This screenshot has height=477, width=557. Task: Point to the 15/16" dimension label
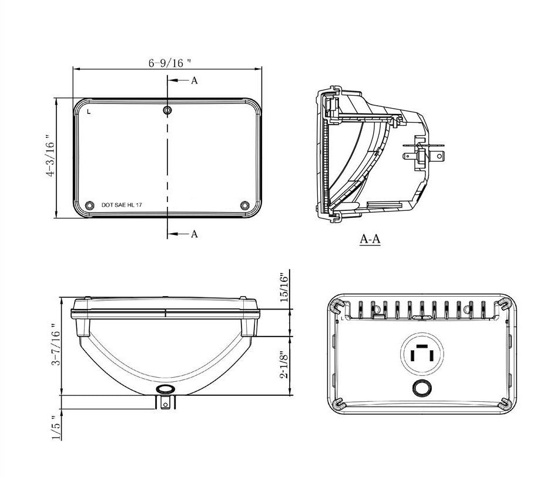coord(284,287)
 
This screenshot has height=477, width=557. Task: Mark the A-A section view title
coord(370,240)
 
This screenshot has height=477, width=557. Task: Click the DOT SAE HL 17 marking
coord(122,206)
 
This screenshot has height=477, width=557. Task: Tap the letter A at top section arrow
coord(194,81)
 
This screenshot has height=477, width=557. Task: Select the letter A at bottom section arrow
coord(194,234)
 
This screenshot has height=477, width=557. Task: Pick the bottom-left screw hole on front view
coord(89,205)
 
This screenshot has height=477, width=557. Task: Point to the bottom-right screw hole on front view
coord(245,205)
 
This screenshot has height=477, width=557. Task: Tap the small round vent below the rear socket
coord(422,387)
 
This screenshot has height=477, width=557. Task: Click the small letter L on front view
coord(88,111)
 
